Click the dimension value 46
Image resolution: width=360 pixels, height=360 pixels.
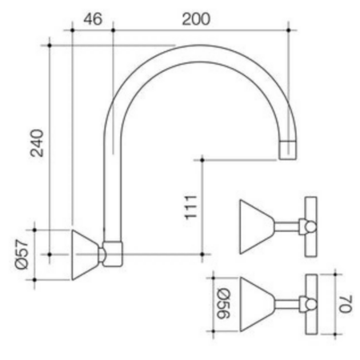pos(93,19)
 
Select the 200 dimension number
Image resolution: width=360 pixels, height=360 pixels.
pos(196,19)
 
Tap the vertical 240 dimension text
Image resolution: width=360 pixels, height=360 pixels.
pos(37,143)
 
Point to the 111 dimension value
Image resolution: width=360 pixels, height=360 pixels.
pos(191,208)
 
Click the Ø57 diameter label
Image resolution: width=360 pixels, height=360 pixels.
pos(22,254)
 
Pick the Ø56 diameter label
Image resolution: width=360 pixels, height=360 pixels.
pos(223,303)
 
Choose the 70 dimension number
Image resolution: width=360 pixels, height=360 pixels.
pos(346,304)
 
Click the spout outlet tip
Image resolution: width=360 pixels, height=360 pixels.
pos(287,150)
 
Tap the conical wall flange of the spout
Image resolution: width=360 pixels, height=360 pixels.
pos(85,255)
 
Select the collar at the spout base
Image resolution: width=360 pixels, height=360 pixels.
pos(113,254)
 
